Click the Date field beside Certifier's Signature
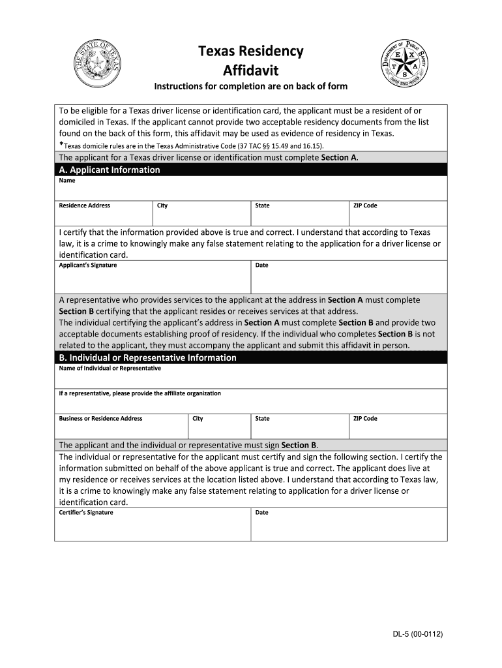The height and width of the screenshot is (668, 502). pyautogui.click(x=349, y=527)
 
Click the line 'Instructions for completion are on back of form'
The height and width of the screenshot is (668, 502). pyautogui.click(x=250, y=87)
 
